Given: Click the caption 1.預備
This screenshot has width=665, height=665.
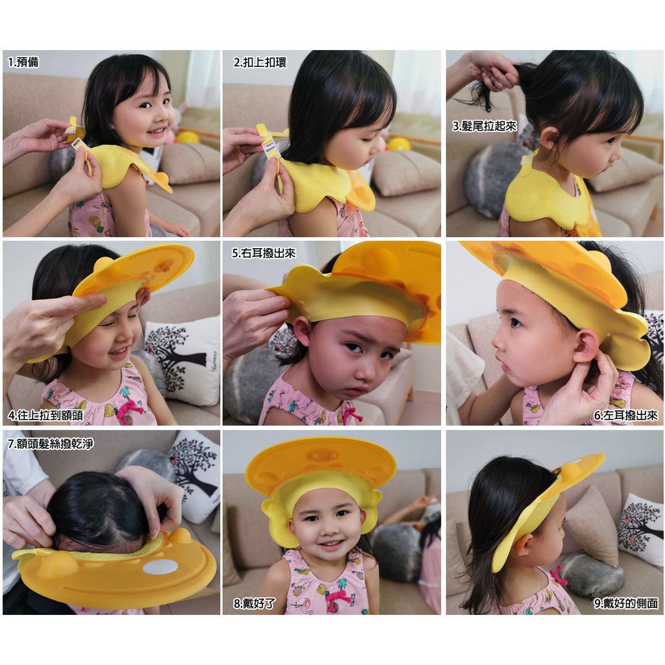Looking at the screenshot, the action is click(23, 62).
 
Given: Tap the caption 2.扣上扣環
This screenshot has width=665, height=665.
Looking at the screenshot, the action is click(260, 62).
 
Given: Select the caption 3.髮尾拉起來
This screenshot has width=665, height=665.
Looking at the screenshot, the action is click(484, 126).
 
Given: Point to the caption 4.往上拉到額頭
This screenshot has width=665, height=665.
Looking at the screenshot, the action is click(45, 415).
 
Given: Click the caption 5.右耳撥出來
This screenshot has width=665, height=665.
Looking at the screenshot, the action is click(264, 253).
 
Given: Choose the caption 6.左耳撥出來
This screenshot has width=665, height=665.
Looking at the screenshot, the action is click(625, 415).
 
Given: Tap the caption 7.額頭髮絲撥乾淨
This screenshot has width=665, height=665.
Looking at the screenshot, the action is click(51, 444).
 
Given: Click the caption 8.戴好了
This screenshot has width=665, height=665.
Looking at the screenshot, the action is click(254, 603).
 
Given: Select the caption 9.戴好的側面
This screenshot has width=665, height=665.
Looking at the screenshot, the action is click(626, 603).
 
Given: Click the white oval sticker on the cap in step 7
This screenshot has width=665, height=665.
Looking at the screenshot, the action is click(160, 566).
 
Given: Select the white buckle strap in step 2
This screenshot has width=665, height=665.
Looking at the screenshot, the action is click(268, 148).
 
